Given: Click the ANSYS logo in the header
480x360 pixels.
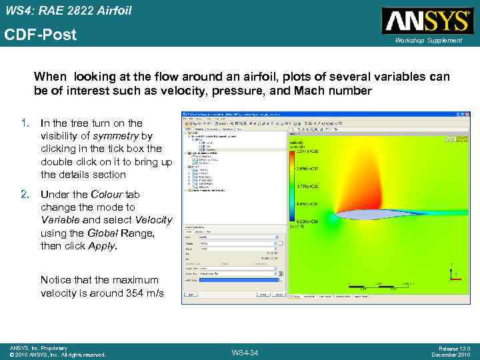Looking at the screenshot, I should [427, 20].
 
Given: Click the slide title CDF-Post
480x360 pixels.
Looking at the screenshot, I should [41, 35].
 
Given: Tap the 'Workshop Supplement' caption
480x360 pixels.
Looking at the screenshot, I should [428, 41].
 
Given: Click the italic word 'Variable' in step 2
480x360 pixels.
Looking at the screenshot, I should [59, 220].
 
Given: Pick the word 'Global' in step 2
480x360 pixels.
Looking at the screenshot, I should [105, 233].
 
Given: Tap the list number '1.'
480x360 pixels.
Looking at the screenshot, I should [25, 123].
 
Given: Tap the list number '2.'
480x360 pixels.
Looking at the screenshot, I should [25, 194].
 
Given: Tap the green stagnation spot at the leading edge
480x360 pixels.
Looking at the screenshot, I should [331, 217].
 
